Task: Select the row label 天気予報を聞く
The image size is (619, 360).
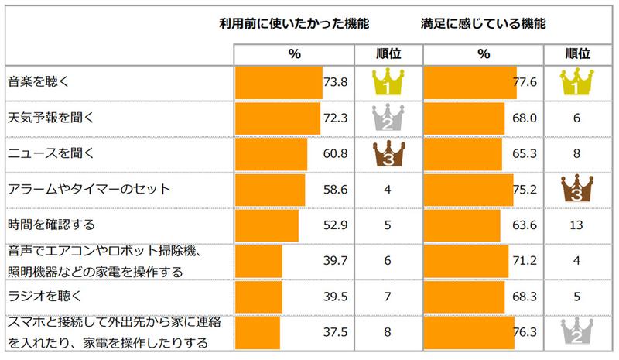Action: click(50, 118)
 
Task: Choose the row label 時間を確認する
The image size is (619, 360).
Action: click(50, 225)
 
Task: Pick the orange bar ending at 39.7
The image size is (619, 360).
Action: click(258, 262)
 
